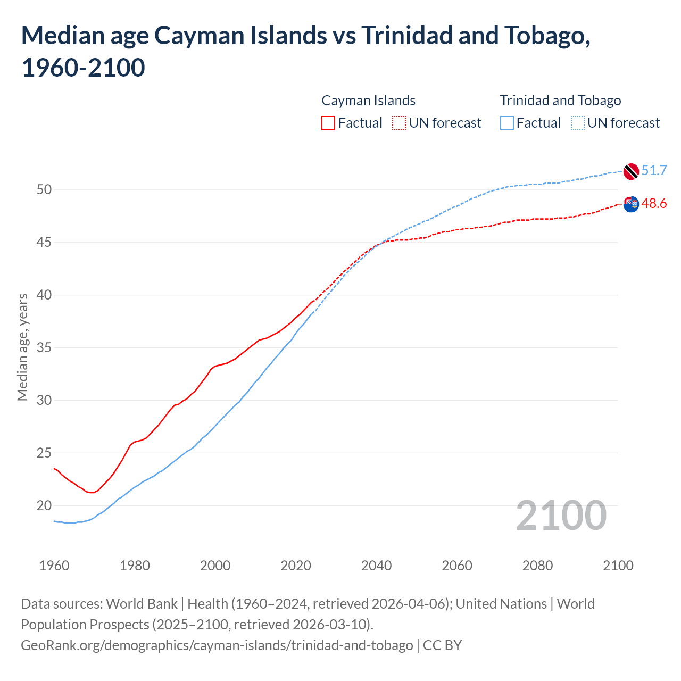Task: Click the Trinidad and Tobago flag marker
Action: [x=631, y=171]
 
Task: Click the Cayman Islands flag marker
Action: [x=631, y=204]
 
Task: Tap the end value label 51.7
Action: [x=654, y=171]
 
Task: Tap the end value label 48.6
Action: [x=654, y=204]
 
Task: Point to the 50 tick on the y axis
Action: [x=44, y=190]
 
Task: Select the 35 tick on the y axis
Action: [x=44, y=348]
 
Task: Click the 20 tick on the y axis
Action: [x=44, y=506]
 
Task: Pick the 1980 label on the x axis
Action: [x=135, y=566]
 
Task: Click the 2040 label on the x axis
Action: [x=376, y=566]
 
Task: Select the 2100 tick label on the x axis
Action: [x=618, y=566]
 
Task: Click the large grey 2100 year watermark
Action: [x=561, y=516]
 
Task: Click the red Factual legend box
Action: [x=328, y=123]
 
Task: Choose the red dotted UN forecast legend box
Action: [x=399, y=123]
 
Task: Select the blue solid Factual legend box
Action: [x=507, y=123]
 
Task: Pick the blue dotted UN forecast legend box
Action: [x=577, y=123]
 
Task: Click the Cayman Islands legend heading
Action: [x=368, y=101]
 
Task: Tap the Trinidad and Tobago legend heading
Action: [x=560, y=101]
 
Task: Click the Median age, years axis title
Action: [x=23, y=347]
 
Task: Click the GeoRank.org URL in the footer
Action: [x=217, y=645]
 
